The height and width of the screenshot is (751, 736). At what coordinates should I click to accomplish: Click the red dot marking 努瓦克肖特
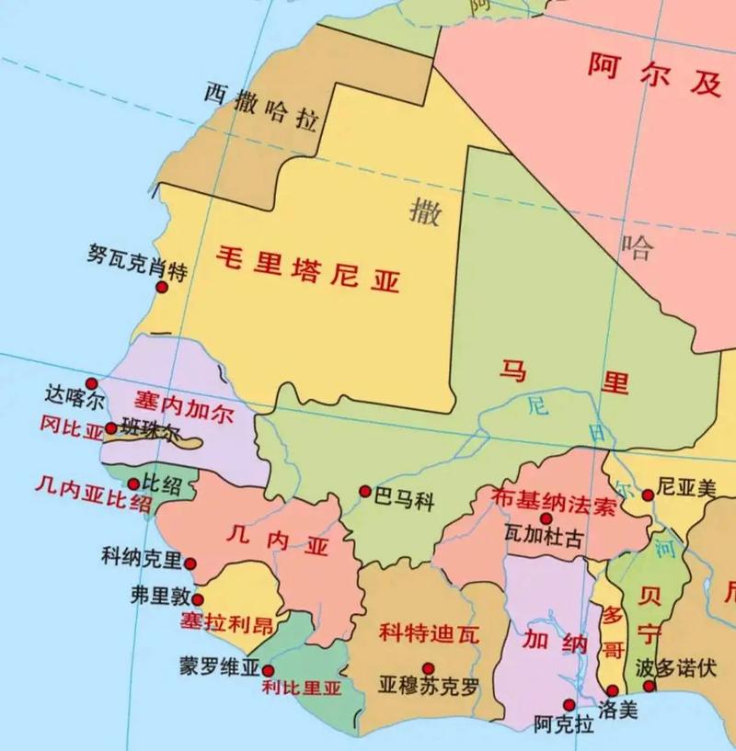(x=162, y=287)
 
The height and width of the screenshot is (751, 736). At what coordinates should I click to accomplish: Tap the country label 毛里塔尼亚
(x=308, y=267)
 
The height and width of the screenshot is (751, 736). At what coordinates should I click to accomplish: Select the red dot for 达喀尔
(x=91, y=383)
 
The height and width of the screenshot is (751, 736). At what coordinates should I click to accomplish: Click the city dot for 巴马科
(x=365, y=492)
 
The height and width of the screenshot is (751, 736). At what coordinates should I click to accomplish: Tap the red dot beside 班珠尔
(x=111, y=428)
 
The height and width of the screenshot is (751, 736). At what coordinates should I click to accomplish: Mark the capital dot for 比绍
(x=133, y=484)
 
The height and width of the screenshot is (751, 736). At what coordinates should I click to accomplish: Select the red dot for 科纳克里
(x=190, y=563)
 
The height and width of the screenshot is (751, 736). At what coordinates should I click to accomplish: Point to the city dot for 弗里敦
(x=198, y=599)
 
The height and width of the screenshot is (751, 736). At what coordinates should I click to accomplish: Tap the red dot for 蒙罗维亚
(x=268, y=671)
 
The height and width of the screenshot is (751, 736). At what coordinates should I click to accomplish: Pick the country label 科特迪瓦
(x=430, y=633)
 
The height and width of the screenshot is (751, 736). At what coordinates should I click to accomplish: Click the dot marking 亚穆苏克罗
(x=428, y=668)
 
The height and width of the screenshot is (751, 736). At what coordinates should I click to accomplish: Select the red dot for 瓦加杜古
(x=546, y=518)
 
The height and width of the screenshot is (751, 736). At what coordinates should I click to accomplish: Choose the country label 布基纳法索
(x=554, y=501)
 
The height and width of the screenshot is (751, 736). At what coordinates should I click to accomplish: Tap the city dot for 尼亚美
(x=648, y=495)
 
